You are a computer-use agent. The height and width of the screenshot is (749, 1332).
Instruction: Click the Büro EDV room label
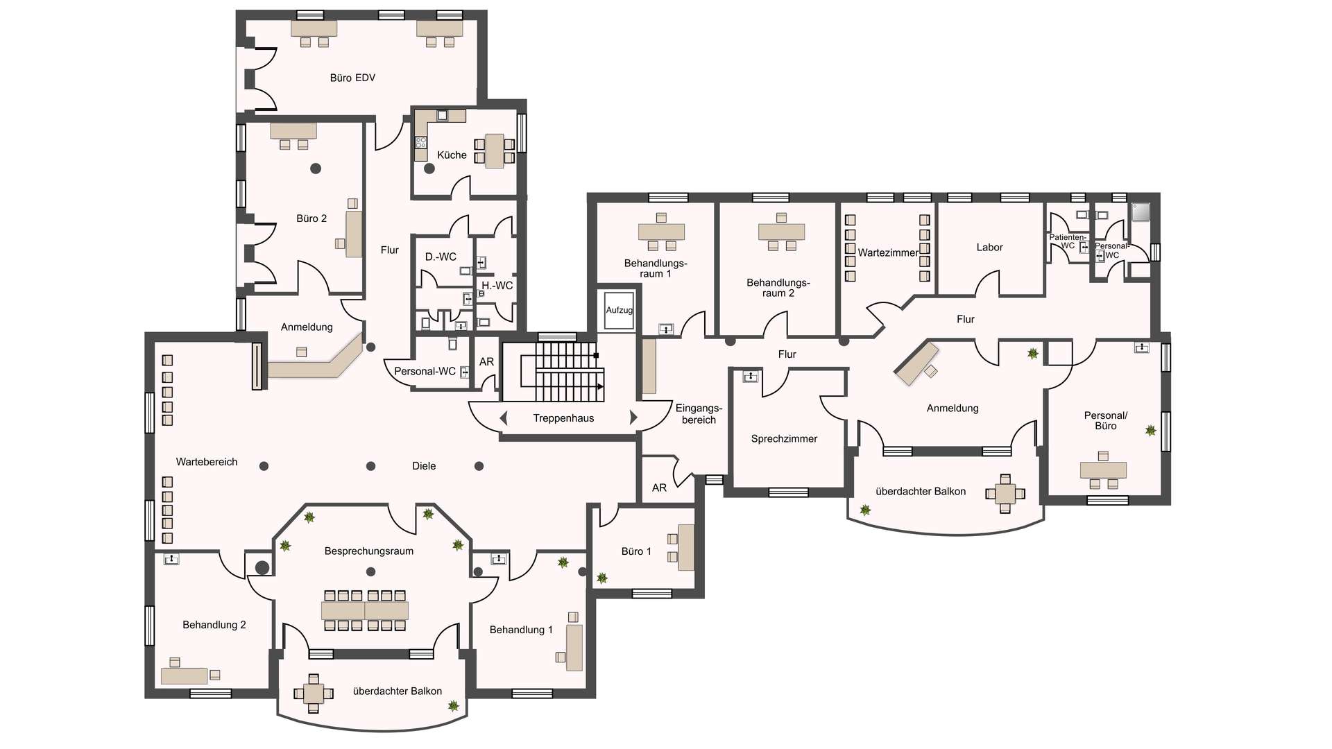tap(352, 78)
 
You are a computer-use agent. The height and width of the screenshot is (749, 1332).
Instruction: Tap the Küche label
tap(452, 155)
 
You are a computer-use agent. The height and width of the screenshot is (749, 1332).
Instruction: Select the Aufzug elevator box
tap(619, 311)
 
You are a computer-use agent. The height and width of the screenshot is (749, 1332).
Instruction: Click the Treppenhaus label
tap(563, 418)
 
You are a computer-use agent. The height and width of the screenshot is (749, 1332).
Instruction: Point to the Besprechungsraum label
tap(369, 551)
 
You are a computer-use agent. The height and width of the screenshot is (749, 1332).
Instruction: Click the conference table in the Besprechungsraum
tap(365, 610)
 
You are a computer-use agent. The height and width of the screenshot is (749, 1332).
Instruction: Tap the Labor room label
tap(989, 248)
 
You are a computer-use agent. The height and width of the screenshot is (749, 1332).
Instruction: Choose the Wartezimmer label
tap(888, 252)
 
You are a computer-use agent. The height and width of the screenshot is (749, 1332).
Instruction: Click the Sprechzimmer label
tap(784, 439)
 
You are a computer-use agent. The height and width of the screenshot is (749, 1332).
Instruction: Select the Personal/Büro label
tap(1106, 420)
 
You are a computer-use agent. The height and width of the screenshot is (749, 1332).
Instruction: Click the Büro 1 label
tap(636, 551)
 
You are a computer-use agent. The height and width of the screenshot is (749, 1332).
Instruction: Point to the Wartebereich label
tap(207, 462)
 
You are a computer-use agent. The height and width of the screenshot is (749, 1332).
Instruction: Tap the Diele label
tap(424, 466)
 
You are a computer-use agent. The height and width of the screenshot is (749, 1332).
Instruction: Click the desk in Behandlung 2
tap(184, 675)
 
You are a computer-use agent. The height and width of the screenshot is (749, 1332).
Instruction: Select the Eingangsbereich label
tap(699, 414)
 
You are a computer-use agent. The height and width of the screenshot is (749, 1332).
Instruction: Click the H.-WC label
tap(497, 286)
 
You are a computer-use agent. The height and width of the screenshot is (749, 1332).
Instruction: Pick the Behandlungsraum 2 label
tap(778, 288)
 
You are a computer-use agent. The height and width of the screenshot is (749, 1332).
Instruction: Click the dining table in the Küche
tap(495, 151)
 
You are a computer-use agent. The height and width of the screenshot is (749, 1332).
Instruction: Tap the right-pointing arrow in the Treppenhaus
tap(633, 417)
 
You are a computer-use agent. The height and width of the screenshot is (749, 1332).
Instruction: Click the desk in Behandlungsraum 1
tap(661, 232)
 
